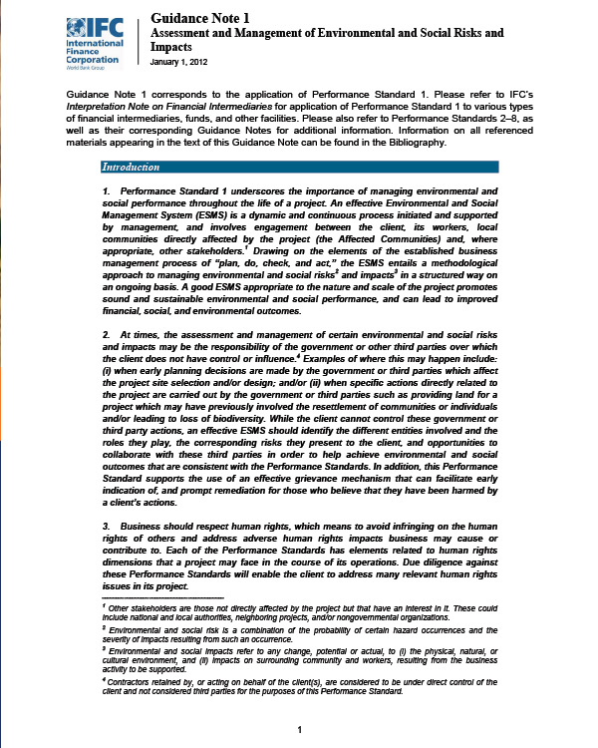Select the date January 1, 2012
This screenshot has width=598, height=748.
pyautogui.click(x=180, y=62)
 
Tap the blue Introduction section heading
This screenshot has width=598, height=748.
pyautogui.click(x=140, y=167)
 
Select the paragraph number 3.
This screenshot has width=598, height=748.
pyautogui.click(x=106, y=526)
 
